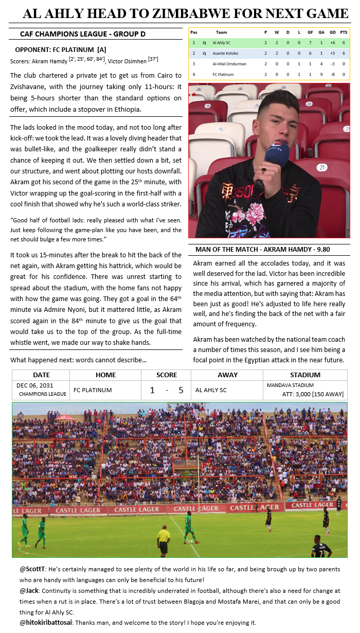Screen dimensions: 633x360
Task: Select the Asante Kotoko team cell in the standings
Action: click(x=225, y=53)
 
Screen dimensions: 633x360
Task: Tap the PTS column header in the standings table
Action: click(x=344, y=32)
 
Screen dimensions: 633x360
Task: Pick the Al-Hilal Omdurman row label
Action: click(x=229, y=64)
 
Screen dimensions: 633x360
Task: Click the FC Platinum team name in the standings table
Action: click(x=223, y=75)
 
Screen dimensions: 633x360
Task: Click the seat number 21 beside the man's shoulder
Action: click(x=322, y=168)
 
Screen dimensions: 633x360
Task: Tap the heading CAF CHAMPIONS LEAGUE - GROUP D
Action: click(x=82, y=34)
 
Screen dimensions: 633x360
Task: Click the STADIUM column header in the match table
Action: click(x=305, y=375)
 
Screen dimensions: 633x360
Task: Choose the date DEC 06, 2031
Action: click(x=34, y=385)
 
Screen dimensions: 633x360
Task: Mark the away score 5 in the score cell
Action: click(x=181, y=390)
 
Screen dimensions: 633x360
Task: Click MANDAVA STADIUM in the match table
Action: click(x=290, y=385)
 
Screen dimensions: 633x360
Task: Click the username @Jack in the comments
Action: click(x=29, y=591)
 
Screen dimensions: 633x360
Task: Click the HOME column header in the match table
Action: click(x=105, y=375)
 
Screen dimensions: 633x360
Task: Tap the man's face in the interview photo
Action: click(x=279, y=121)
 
